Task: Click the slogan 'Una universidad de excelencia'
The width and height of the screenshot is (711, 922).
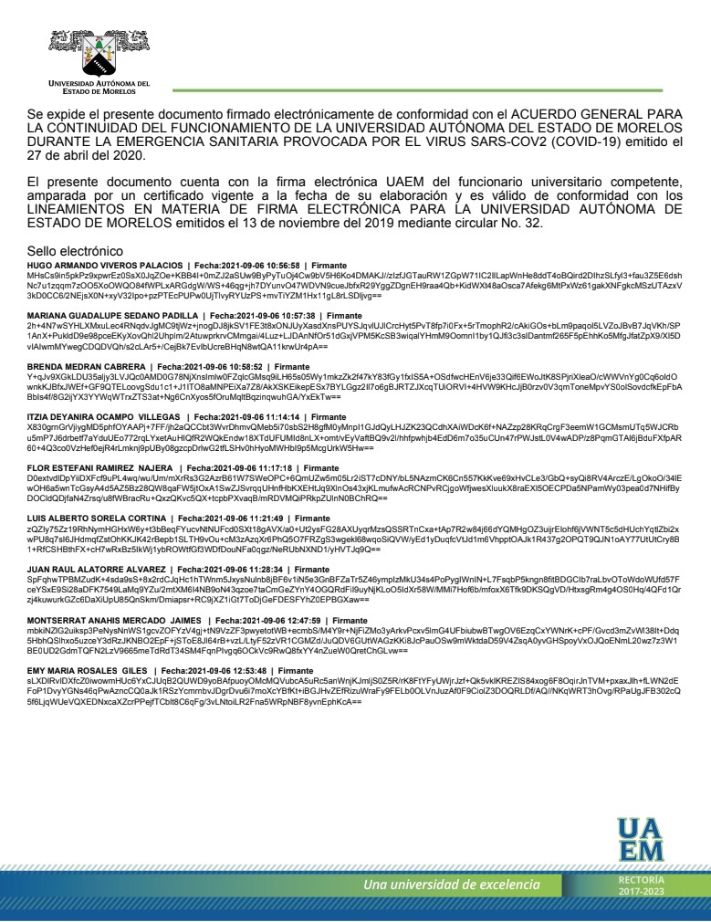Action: (x=452, y=885)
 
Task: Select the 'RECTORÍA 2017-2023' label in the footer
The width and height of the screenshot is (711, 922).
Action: (x=635, y=885)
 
